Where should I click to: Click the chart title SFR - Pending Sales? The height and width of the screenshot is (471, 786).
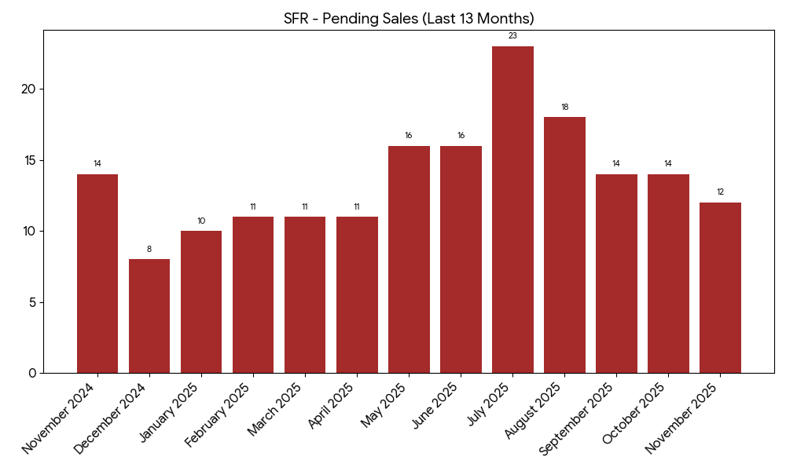tap(409, 19)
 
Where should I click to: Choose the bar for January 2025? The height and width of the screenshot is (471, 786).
tap(201, 301)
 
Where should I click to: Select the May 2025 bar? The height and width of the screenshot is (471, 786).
tap(409, 259)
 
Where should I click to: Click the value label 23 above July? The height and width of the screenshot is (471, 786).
tap(512, 36)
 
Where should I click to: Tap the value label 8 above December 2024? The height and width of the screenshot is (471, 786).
tap(149, 250)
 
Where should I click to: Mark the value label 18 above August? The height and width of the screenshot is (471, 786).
tap(564, 107)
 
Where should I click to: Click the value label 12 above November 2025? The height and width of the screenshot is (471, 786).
tap(720, 192)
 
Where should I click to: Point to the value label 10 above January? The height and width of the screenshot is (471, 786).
tap(201, 221)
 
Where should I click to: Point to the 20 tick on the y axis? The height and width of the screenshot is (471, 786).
tap(29, 89)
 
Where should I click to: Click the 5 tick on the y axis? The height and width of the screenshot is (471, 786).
tap(32, 302)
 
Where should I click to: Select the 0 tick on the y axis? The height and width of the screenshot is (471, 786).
tap(32, 373)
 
